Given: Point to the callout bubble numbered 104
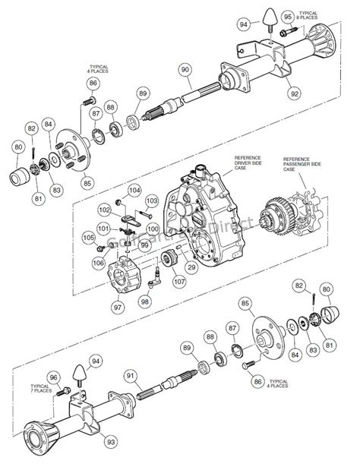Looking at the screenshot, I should click(134, 190).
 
